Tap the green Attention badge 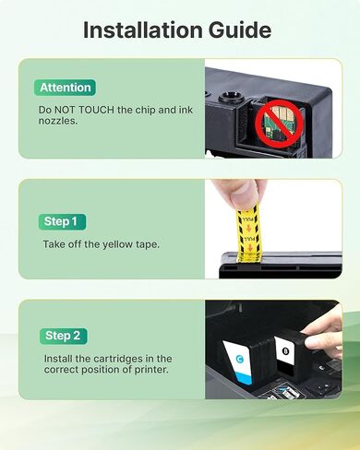tap(65, 88)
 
